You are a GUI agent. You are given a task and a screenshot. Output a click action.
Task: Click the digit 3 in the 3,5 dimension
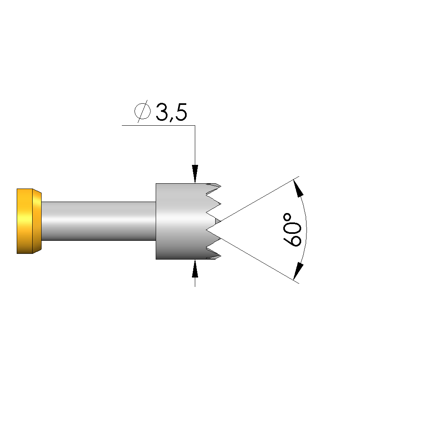[161, 112]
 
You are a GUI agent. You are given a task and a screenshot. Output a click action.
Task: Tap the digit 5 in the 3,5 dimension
[181, 112]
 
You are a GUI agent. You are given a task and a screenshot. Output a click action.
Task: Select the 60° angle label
[292, 230]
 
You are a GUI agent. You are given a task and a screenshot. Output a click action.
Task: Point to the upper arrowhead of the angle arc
[298, 188]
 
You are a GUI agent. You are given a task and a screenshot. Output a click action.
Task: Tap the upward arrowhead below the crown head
[195, 269]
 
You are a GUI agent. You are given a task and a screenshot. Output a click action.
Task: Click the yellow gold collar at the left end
[29, 221]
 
